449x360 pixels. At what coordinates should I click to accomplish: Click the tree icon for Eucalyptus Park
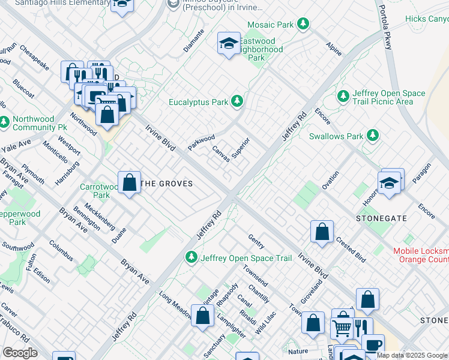coord(238,101)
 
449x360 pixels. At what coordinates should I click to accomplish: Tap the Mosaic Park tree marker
coord(304,24)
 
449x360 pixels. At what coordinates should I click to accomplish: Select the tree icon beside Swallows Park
coord(373,136)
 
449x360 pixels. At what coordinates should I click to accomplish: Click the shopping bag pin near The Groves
coord(130,182)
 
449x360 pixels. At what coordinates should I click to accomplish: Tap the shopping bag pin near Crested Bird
coord(322,231)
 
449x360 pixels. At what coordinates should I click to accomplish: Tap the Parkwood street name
coord(201,143)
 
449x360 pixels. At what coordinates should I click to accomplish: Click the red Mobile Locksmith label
coord(420,255)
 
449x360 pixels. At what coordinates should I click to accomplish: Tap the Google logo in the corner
coord(20,353)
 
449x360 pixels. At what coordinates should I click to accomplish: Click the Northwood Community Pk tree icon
coord(5,122)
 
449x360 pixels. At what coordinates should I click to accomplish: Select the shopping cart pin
coord(342,328)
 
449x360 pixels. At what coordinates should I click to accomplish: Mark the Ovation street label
coord(330,180)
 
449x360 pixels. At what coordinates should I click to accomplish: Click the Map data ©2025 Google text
coord(412,355)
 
